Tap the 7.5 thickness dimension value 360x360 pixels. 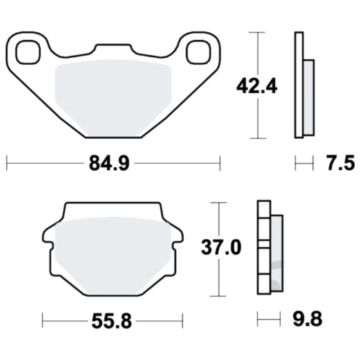(340, 163)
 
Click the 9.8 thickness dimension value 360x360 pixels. (306, 320)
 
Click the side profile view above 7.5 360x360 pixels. (303, 85)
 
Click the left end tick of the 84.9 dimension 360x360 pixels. (6, 163)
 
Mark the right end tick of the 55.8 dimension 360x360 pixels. (182, 320)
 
